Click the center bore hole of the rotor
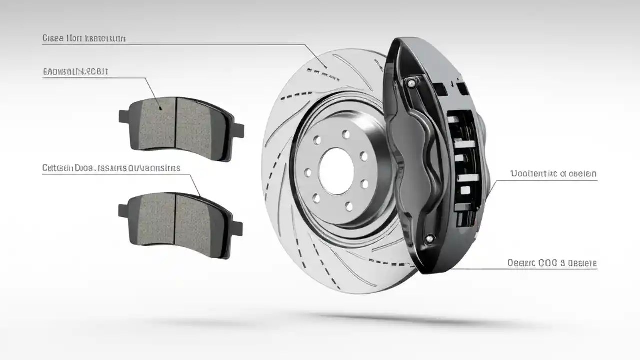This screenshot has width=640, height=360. [x=336, y=171]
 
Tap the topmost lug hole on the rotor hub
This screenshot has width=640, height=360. [x=345, y=134]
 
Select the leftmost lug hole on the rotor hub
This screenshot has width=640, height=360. [x=308, y=173]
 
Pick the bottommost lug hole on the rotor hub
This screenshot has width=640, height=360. [x=349, y=206]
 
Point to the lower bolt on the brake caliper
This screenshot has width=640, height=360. [x=428, y=239]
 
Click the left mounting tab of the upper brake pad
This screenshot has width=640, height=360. [x=124, y=116]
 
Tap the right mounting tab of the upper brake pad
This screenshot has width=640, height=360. [x=238, y=130]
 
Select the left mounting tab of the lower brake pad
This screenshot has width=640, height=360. [x=123, y=210]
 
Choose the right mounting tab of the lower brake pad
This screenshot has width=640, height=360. [x=237, y=228]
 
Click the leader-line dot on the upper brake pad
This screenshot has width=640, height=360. [x=159, y=107]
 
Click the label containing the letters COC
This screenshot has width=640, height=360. [x=552, y=263]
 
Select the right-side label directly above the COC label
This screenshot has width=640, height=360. [x=553, y=174]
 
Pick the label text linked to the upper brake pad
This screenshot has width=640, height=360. [x=75, y=72]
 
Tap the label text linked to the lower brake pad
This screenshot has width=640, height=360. [x=111, y=168]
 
